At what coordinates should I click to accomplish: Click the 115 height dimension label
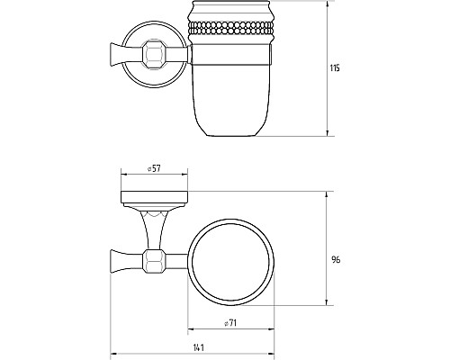point(335,68)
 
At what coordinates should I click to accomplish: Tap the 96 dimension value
point(336,259)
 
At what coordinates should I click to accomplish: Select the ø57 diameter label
point(154,168)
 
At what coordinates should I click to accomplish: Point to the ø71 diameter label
point(230,323)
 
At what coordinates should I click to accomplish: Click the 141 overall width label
point(199,347)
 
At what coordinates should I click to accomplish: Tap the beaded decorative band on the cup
point(230,28)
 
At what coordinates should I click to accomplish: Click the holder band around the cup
point(231,54)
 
